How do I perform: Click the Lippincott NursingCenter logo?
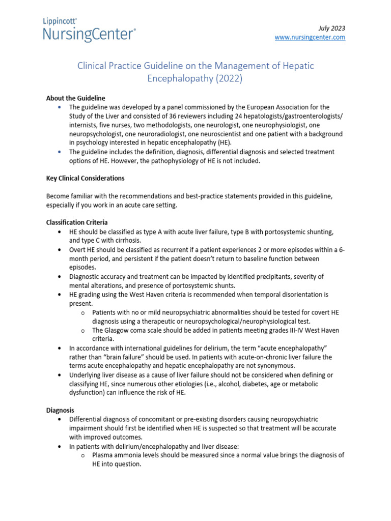click(x=89, y=30)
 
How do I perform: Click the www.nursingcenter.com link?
click(x=310, y=37)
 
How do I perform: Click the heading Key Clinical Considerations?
click(x=85, y=179)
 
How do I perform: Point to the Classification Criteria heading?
click(x=77, y=222)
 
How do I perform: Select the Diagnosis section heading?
click(x=60, y=410)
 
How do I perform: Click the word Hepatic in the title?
click(x=293, y=66)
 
